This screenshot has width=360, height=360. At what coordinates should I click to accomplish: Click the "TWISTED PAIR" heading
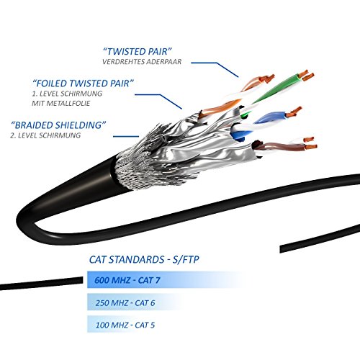(x=138, y=52)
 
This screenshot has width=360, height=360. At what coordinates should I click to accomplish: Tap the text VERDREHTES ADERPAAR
(x=142, y=62)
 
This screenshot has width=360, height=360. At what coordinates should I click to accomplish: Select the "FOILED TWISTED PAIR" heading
(x=83, y=84)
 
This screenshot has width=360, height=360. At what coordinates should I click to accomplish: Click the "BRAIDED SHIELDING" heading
(x=58, y=125)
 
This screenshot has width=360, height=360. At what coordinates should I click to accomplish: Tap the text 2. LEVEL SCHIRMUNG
(x=45, y=135)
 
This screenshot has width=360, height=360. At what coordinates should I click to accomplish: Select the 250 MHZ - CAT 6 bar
(x=135, y=302)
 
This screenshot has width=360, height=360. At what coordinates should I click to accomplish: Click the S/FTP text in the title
(x=186, y=260)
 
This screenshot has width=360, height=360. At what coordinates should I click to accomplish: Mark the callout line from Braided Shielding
(x=126, y=137)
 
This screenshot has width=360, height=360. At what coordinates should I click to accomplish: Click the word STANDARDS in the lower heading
(x=137, y=260)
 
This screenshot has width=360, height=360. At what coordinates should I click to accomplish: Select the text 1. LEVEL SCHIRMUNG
(x=67, y=94)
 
